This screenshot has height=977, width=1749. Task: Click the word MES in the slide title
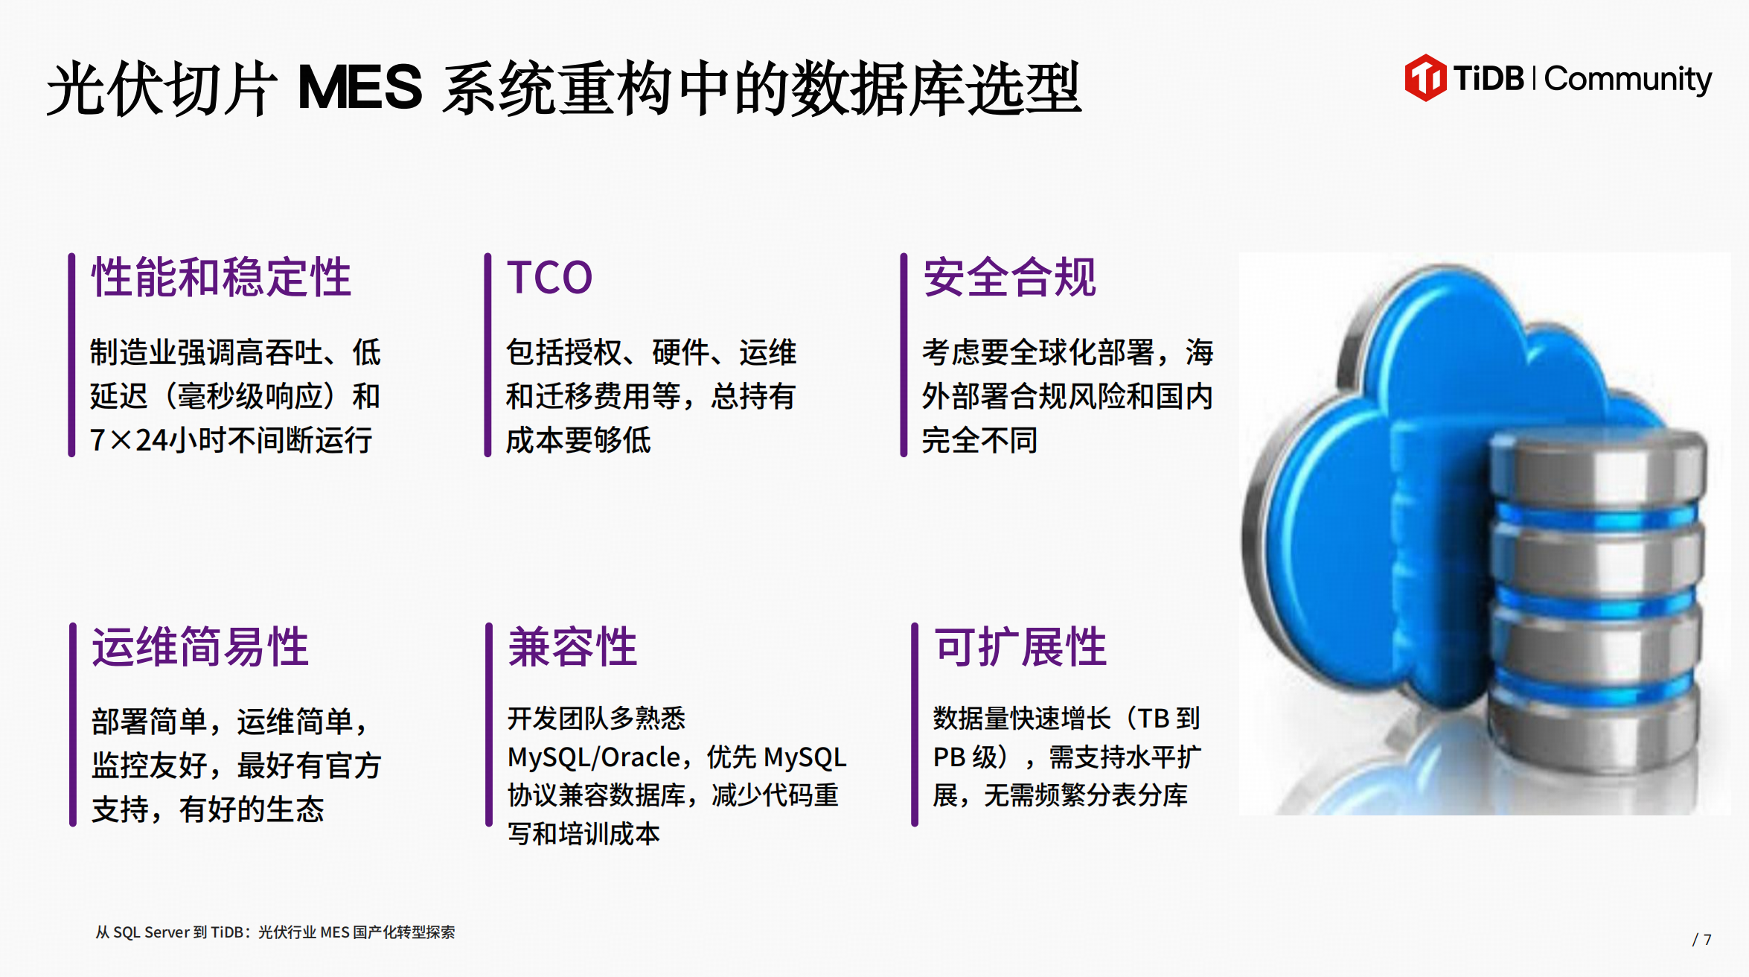[359, 87]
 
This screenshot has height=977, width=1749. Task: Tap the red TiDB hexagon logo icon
[1425, 77]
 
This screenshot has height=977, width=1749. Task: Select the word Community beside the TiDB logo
[1628, 79]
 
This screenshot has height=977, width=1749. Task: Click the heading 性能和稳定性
[221, 277]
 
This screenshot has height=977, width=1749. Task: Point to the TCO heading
[550, 278]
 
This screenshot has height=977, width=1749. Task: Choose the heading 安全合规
[1009, 277]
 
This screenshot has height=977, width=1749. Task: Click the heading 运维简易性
[200, 646]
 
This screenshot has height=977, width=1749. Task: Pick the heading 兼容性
[572, 646]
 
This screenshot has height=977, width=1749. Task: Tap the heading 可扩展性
[1020, 646]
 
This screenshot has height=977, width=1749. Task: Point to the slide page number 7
[1707, 940]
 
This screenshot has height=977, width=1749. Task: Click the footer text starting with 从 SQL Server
[275, 932]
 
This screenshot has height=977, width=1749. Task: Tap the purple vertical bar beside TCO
[487, 354]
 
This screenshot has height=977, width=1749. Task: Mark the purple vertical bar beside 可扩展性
[915, 725]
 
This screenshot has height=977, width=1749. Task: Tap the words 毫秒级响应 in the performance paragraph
[250, 396]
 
